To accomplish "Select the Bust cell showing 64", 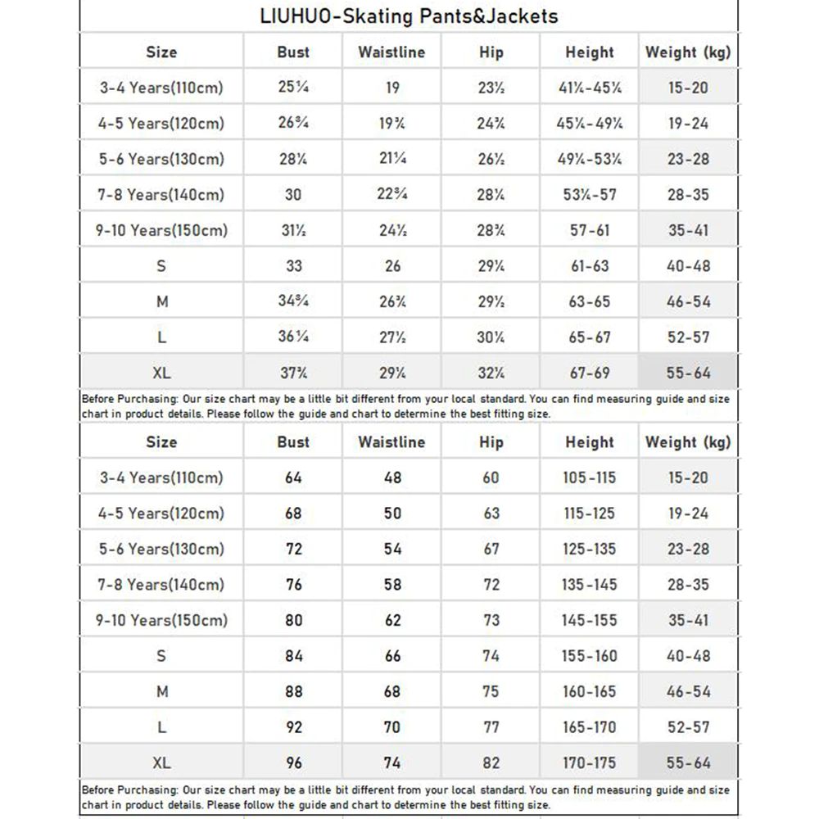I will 293,477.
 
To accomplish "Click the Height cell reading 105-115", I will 589,477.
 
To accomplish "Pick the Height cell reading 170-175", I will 589,762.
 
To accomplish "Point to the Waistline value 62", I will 392,620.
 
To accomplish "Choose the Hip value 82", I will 491,762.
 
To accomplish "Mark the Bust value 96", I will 293,762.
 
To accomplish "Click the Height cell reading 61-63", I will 589,266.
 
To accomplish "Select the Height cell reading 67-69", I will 589,373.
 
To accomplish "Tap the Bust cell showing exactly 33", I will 293,266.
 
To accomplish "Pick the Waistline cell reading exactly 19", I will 392,88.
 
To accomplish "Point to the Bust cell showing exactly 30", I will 293,195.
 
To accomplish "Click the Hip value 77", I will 491,727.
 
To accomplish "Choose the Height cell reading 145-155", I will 589,620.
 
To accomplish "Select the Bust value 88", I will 293,691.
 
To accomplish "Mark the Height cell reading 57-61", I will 589,230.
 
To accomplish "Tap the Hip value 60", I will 491,477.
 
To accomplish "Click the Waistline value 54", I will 392,549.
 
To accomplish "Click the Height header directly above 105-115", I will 589,442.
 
